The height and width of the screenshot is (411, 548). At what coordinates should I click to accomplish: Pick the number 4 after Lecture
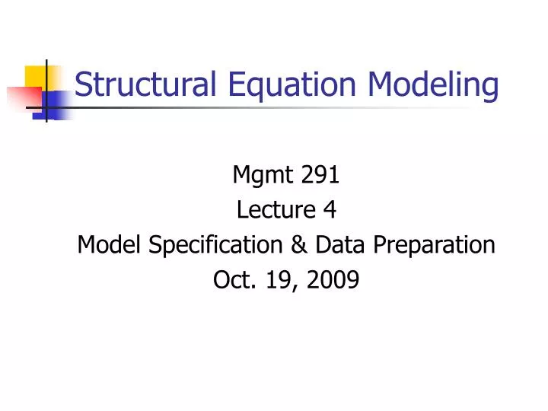329,210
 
